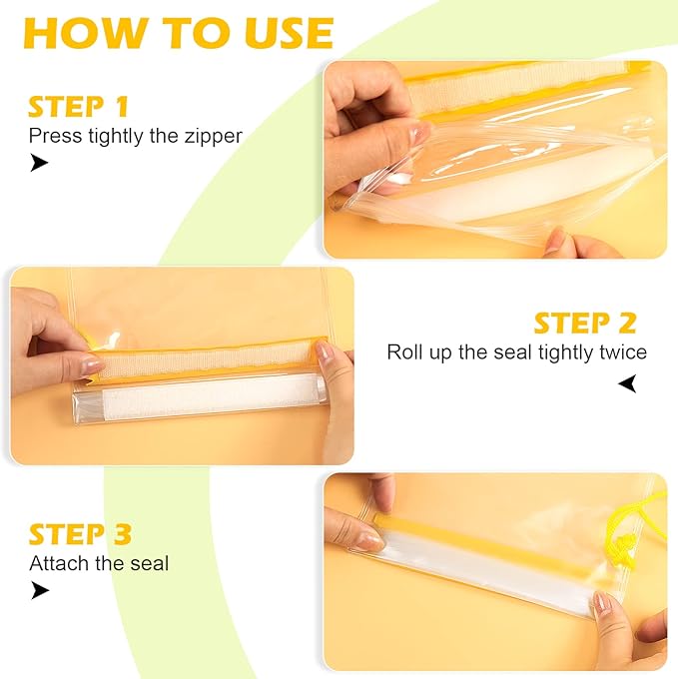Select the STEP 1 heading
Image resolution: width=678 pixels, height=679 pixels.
78,107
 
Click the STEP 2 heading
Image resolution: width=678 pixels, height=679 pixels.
584,323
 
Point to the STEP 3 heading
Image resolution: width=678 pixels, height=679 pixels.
80,534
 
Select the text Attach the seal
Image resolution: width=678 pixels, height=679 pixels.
99,563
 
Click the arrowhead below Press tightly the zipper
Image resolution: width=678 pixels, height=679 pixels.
39,163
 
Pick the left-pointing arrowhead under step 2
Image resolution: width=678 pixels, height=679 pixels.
627,382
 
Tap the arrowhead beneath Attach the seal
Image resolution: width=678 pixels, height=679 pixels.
39,590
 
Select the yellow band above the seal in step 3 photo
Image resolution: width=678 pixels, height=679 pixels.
479,522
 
